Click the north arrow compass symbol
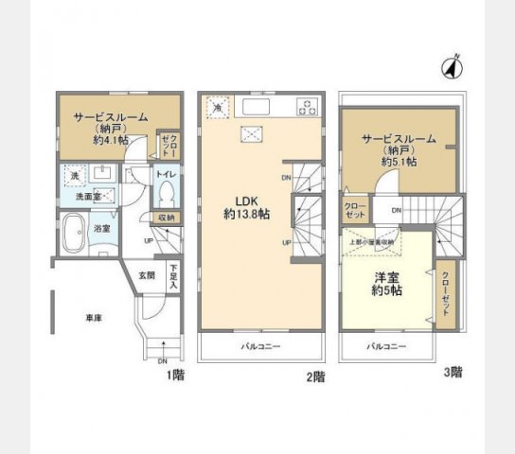point(452,67)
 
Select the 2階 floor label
point(315,375)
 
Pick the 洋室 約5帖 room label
point(385,285)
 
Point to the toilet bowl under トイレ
point(166,196)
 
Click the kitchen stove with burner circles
point(309,105)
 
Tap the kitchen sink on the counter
point(257,105)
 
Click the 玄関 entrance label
point(147,275)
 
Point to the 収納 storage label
point(167,218)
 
